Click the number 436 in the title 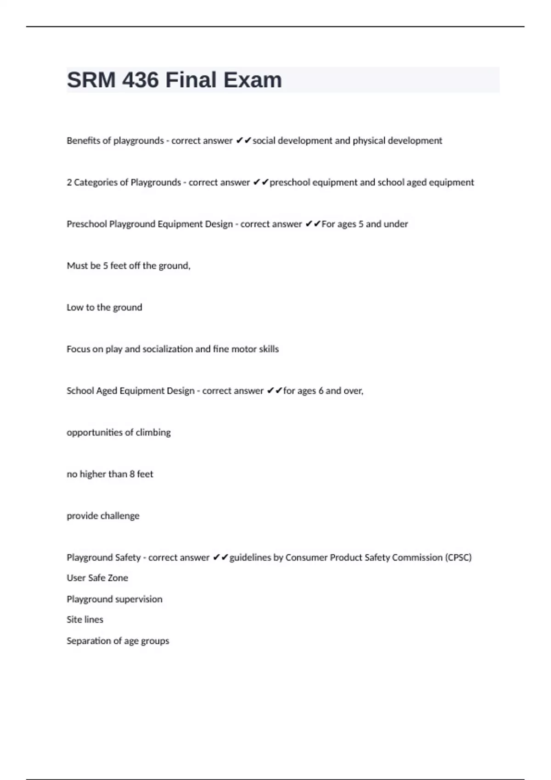140,80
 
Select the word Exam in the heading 252,80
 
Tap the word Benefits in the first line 83,140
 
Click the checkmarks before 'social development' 243,140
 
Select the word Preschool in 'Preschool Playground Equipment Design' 86,224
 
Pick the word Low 75,307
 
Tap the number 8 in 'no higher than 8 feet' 132,474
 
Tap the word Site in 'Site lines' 74,619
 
